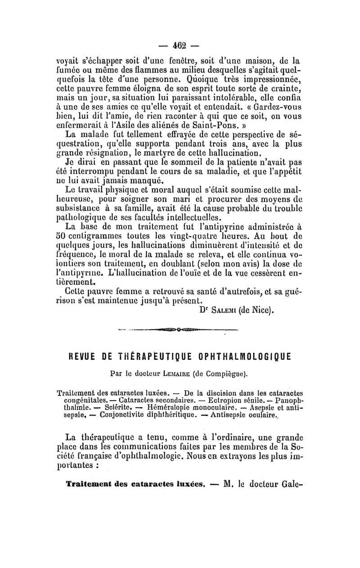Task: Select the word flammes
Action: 143,69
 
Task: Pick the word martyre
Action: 187,155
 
